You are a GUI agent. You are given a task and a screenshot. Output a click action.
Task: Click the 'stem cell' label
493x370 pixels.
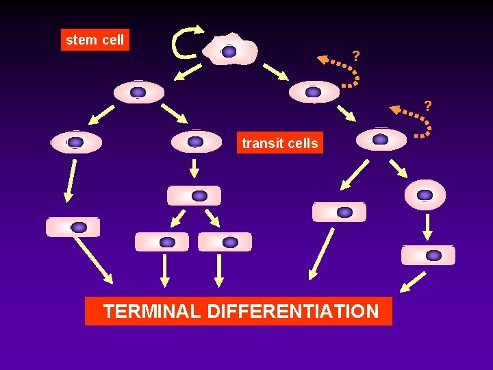[x=94, y=40]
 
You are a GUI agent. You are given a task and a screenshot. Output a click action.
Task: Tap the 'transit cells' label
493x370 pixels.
[x=279, y=143]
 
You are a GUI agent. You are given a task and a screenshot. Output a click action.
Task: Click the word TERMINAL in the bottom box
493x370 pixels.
[x=151, y=312]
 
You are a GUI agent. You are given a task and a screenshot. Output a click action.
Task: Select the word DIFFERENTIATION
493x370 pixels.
[x=292, y=312]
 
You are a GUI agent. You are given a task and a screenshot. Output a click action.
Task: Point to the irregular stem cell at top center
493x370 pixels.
[x=230, y=50]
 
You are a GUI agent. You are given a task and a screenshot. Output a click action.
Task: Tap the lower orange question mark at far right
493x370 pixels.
[x=428, y=106]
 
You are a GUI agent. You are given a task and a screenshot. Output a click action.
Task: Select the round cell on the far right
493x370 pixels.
[x=425, y=195]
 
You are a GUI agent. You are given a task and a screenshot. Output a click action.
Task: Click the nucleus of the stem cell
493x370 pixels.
[x=229, y=51]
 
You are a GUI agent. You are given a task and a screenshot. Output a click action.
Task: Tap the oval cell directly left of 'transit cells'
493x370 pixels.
[x=196, y=142]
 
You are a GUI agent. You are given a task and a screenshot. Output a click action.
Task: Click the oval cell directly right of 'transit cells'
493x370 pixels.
[x=381, y=140]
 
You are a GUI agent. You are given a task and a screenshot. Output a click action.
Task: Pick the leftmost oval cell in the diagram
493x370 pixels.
[x=76, y=143]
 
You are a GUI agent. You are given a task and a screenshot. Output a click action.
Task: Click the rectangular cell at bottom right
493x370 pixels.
[x=428, y=255]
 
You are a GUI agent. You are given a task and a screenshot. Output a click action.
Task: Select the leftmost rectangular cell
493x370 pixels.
[x=73, y=227]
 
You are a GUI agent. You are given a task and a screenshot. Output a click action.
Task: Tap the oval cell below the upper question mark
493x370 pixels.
[x=314, y=92]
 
